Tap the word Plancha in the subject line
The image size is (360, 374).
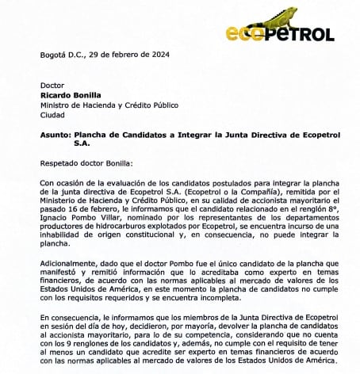click(x=94, y=135)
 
